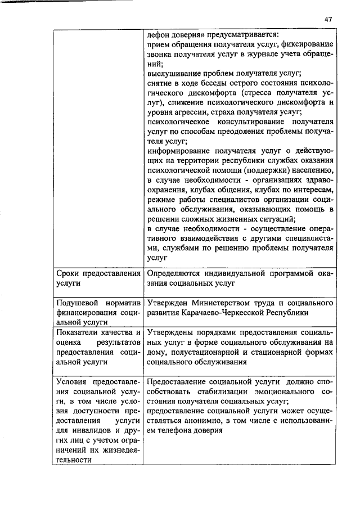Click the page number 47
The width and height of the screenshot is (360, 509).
click(x=328, y=19)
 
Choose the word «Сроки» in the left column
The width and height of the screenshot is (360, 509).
click(x=68, y=273)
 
